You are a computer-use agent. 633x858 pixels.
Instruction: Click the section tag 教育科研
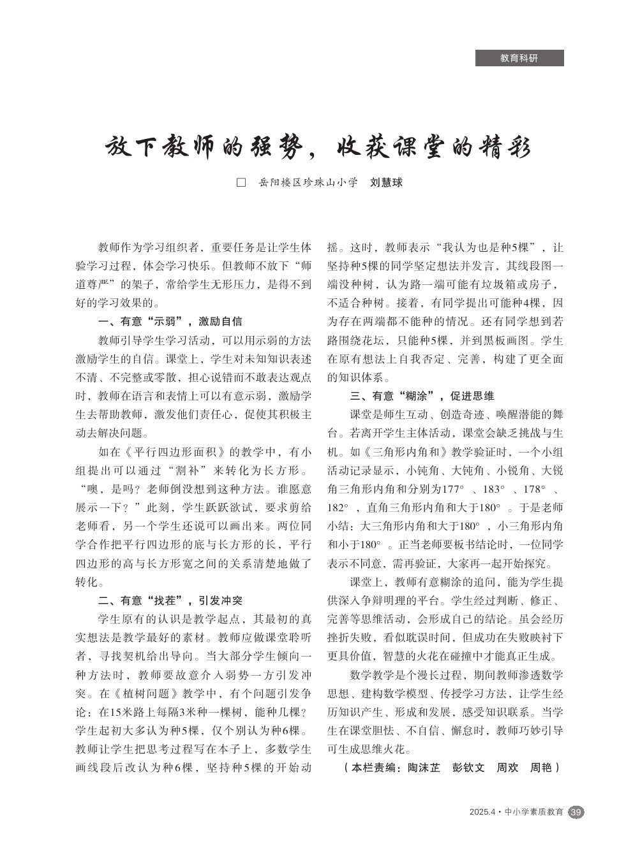click(519, 58)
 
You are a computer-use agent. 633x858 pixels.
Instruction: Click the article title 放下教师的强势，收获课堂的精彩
click(317, 147)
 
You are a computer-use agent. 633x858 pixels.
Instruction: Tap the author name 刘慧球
click(387, 183)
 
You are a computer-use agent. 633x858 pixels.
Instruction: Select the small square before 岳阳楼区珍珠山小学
click(241, 183)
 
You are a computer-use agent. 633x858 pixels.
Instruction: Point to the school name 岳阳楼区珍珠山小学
click(308, 183)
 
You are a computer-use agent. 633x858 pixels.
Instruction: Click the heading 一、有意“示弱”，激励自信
click(170, 321)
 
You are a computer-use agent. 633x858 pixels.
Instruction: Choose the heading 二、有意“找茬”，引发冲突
click(170, 600)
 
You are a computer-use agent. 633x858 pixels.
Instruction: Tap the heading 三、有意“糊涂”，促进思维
click(422, 396)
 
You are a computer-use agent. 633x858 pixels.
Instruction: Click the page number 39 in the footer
click(576, 812)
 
